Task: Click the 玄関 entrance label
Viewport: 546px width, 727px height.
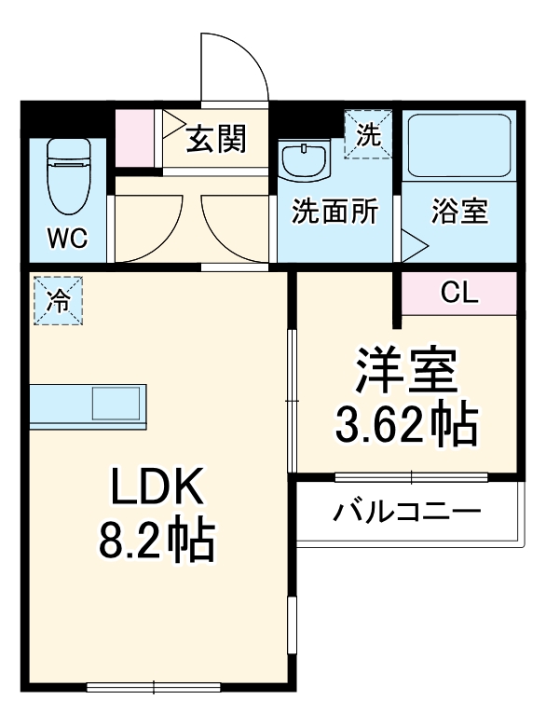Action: point(215,139)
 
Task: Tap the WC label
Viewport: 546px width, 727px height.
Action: point(67,239)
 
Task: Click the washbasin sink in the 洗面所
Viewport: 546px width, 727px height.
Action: point(305,159)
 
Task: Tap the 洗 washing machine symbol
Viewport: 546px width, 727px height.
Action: point(369,135)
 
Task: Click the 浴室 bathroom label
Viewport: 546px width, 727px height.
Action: point(459,213)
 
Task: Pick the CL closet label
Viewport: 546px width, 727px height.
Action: point(458,295)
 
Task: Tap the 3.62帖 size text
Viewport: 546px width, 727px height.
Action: point(406,426)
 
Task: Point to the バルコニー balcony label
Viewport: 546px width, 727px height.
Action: point(407,512)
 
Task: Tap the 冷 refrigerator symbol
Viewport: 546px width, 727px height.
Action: point(59,302)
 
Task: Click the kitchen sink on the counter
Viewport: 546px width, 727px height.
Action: point(116,405)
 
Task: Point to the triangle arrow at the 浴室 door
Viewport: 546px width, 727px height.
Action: point(414,246)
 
